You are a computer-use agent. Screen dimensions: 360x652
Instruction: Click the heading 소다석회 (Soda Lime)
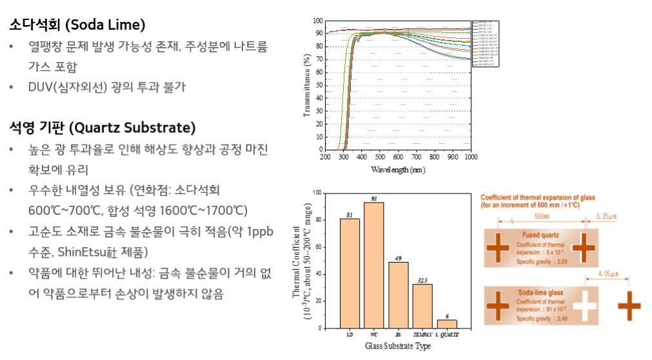point(77,25)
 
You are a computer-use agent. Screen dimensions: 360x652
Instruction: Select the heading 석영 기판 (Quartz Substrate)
point(102,127)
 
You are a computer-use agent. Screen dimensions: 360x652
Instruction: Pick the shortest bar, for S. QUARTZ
point(446,324)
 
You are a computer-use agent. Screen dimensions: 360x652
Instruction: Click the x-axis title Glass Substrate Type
point(398,346)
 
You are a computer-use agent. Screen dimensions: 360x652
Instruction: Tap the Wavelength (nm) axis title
point(398,170)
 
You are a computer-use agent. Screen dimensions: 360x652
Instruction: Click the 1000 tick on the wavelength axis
point(470,157)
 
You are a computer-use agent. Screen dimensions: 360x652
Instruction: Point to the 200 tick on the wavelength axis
point(325,157)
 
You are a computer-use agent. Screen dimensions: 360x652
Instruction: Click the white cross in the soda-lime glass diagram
point(585,306)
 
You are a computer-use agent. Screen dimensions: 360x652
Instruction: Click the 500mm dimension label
point(541,215)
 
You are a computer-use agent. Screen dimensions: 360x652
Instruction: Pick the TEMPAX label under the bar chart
point(422,335)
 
